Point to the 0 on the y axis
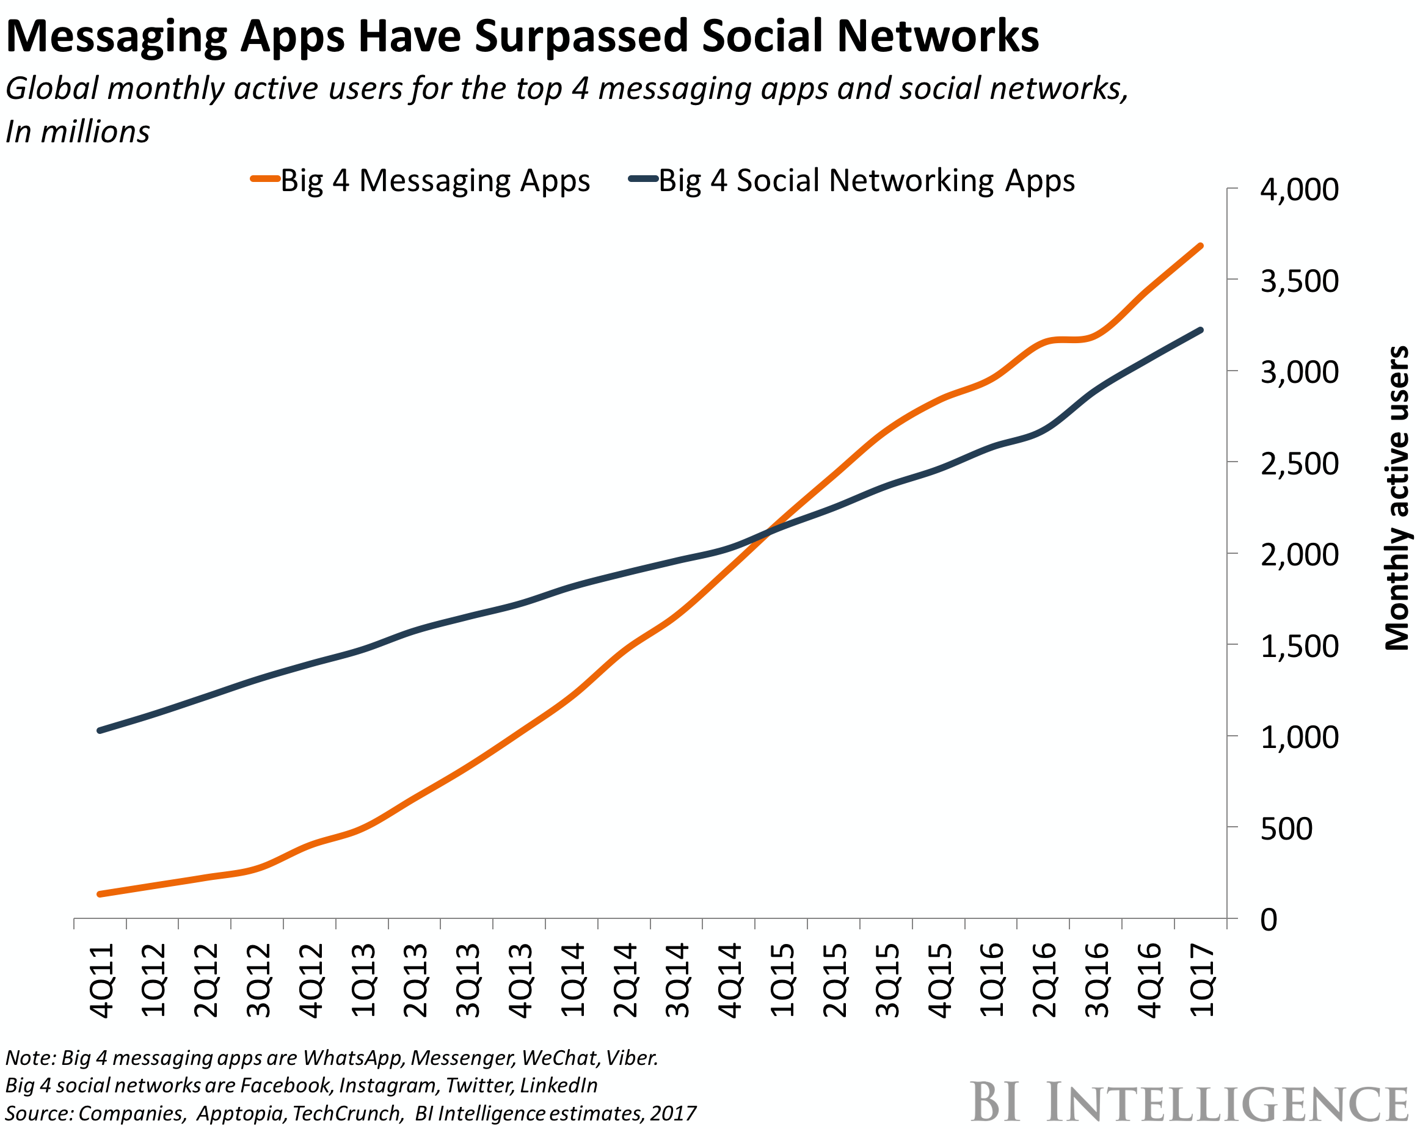click(1269, 920)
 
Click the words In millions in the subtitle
click(78, 132)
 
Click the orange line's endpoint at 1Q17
click(1201, 245)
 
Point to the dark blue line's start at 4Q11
click(100, 730)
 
